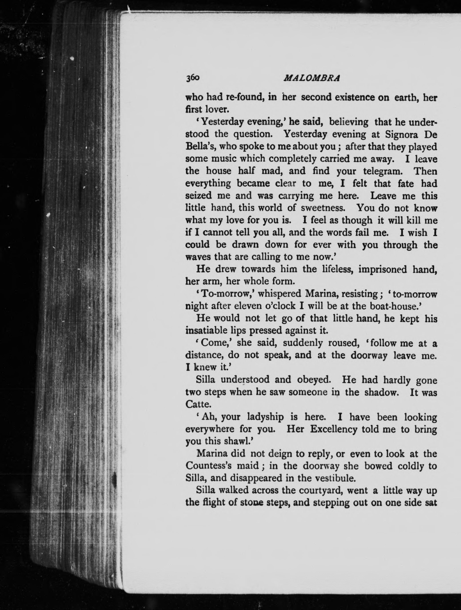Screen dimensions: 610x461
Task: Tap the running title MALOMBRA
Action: coord(312,79)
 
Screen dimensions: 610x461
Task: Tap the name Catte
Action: coord(198,404)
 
